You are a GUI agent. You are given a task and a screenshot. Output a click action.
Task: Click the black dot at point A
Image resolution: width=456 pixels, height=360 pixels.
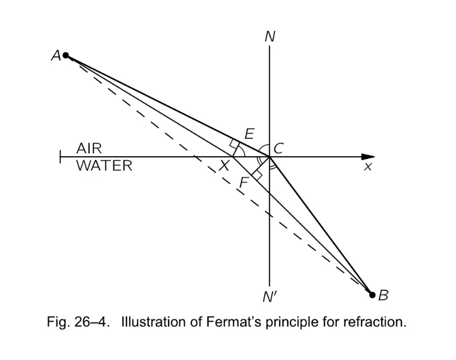(x=66, y=55)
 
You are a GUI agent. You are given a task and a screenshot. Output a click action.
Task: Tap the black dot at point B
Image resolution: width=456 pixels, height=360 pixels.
(x=372, y=295)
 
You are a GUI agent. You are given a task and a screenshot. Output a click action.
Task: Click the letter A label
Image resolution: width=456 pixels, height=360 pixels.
(x=56, y=55)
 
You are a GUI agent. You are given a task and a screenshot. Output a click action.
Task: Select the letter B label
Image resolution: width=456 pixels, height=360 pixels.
(x=383, y=296)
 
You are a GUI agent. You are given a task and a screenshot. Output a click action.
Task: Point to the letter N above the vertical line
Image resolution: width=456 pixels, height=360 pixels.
(x=270, y=37)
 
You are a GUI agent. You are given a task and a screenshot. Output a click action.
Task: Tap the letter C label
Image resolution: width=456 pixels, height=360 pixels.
(x=279, y=149)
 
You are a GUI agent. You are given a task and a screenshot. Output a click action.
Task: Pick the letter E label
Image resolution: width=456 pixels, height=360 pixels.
(x=250, y=134)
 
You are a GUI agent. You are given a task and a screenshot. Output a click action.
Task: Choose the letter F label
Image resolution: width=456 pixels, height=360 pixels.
(x=243, y=183)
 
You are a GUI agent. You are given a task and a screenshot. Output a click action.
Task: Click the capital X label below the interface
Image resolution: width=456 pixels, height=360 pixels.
(x=224, y=166)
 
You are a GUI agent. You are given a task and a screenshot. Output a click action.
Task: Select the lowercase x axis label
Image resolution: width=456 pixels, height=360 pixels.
(x=368, y=167)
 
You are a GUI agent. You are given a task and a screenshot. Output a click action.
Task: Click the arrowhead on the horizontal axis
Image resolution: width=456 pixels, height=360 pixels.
(x=368, y=157)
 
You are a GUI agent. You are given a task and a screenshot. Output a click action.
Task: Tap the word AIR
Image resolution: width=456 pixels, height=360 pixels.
(x=89, y=149)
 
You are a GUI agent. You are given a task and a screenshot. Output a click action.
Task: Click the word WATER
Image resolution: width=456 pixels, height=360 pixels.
(x=105, y=165)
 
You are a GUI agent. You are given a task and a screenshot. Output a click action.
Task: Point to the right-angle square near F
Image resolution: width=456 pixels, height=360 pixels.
(x=257, y=175)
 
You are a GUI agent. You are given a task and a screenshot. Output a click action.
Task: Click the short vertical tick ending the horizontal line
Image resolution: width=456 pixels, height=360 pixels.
(x=60, y=157)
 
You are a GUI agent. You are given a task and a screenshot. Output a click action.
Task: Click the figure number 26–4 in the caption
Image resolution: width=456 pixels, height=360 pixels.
(x=92, y=322)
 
